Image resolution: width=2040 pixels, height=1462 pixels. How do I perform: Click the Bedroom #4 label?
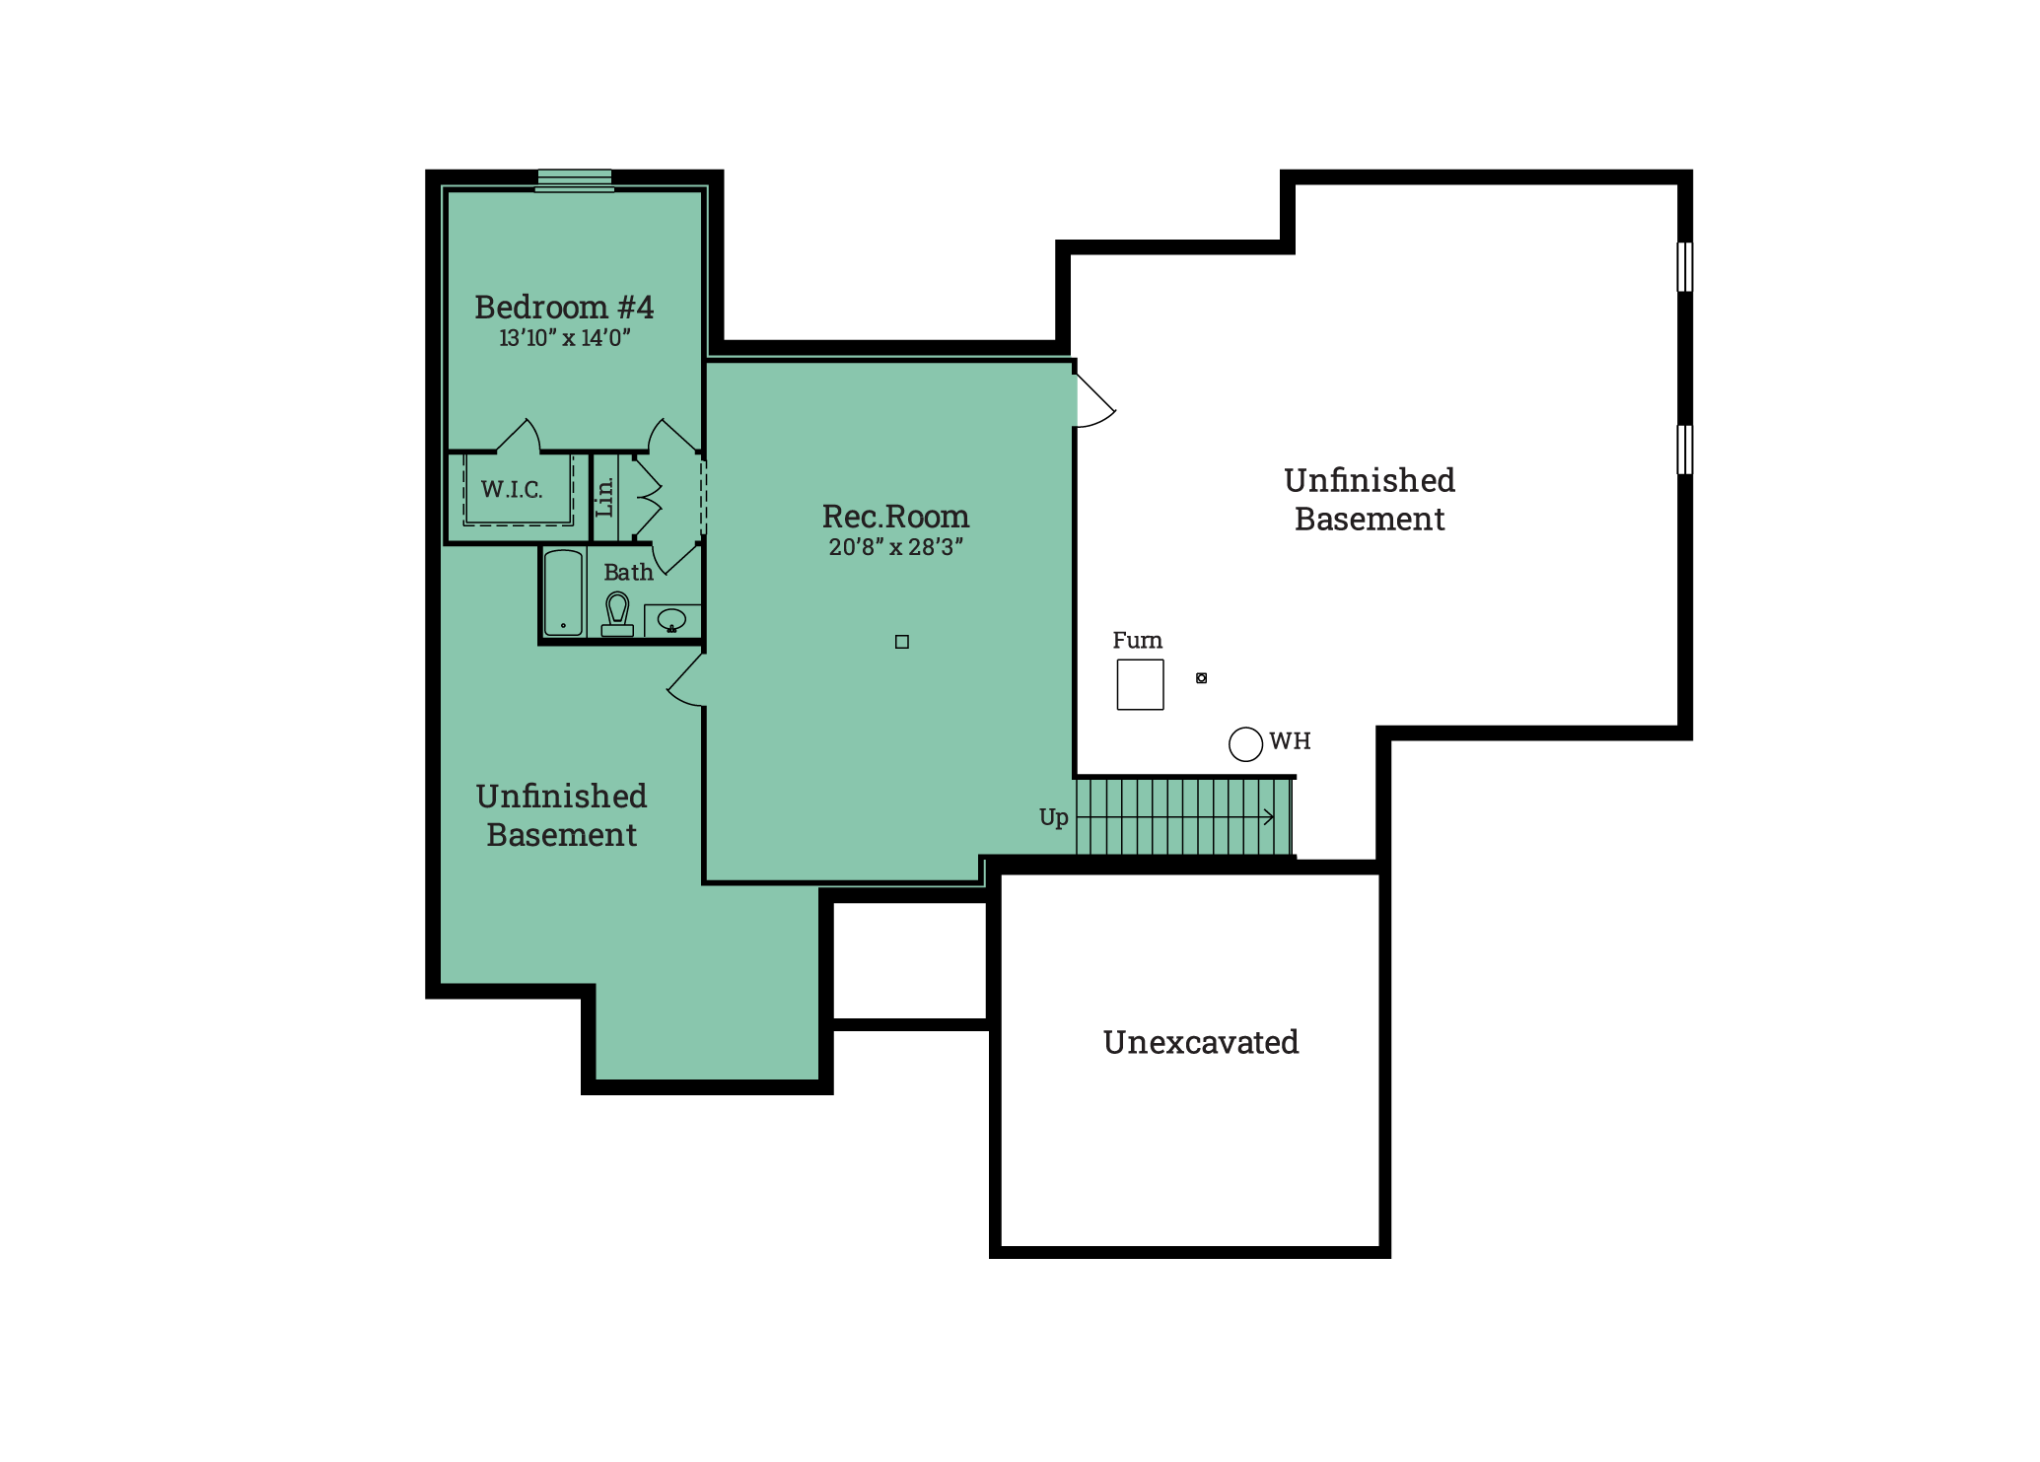(x=564, y=307)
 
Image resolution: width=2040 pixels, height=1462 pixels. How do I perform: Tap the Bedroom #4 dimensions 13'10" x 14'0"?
(x=564, y=338)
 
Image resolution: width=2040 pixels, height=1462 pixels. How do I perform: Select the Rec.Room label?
(x=895, y=517)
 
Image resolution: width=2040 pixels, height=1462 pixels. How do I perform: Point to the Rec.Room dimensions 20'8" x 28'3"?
(x=895, y=547)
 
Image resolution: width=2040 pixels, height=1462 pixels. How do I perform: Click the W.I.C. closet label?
(x=512, y=490)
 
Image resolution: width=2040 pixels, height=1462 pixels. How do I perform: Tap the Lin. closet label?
(x=604, y=497)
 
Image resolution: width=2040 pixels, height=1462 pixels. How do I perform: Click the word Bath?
(x=628, y=573)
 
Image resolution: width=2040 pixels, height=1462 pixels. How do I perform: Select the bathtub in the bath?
(x=563, y=592)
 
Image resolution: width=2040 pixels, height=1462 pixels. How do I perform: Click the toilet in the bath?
(x=617, y=614)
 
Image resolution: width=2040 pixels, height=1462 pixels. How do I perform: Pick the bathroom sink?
(x=671, y=620)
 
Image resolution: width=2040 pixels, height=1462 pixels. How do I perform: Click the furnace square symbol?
(x=1140, y=684)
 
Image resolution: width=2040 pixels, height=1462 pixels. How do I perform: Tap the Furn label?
(x=1137, y=641)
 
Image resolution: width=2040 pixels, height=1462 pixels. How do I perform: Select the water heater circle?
(x=1245, y=744)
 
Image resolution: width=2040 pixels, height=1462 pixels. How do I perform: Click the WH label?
(x=1290, y=741)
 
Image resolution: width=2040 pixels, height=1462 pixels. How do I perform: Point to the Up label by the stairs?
(x=1053, y=818)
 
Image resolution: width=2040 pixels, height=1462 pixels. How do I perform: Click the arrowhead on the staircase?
(x=1270, y=817)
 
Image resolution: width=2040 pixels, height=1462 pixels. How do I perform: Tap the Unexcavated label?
(x=1201, y=1042)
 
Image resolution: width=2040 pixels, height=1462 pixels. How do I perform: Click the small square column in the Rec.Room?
(x=901, y=642)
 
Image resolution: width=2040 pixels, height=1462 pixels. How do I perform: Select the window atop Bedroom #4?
(x=574, y=180)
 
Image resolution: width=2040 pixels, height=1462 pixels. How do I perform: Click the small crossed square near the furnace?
(x=1201, y=678)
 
